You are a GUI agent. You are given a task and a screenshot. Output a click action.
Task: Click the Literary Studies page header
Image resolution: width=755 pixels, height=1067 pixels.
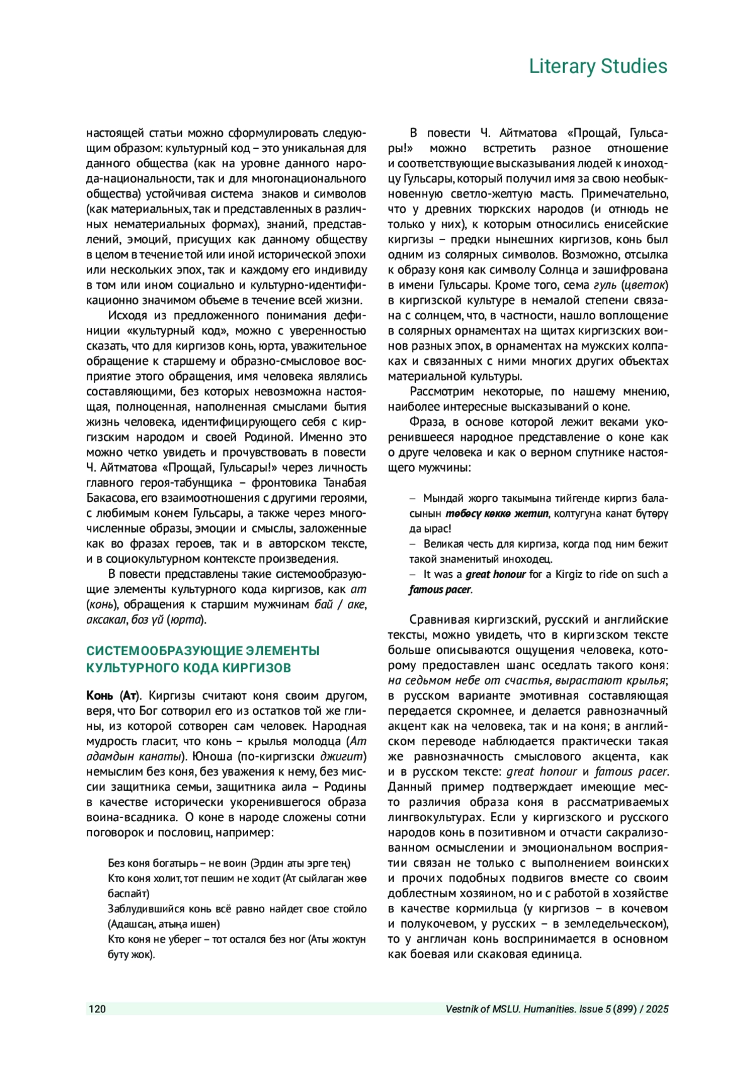click(x=597, y=66)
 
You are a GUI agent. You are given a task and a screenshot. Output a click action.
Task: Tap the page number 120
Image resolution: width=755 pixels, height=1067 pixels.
click(x=98, y=1009)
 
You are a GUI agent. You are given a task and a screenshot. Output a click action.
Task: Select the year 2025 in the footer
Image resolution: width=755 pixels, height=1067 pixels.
click(x=657, y=1009)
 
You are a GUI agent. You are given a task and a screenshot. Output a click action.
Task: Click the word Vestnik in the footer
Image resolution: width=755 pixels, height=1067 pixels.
click(x=462, y=1009)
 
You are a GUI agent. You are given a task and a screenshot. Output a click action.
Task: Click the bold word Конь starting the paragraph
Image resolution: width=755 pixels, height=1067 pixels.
click(x=100, y=696)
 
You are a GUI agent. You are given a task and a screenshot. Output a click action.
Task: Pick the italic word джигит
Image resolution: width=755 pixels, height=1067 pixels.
click(x=343, y=757)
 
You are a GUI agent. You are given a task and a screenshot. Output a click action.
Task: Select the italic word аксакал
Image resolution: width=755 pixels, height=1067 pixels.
click(x=106, y=620)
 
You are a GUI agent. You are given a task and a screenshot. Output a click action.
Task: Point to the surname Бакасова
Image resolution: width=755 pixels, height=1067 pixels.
click(x=112, y=499)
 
